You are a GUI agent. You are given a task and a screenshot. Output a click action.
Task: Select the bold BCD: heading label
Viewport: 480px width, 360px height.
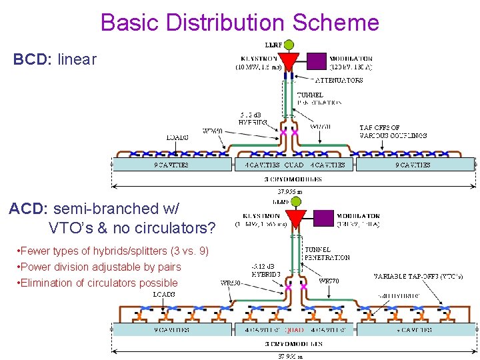[x=32, y=59]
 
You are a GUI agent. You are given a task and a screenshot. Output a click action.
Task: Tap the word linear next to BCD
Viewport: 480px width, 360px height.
[x=77, y=59]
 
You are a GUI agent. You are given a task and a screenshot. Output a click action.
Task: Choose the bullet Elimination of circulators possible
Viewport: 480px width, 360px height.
[x=100, y=283]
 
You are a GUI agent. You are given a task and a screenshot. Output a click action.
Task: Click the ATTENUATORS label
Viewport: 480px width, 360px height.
[x=338, y=80]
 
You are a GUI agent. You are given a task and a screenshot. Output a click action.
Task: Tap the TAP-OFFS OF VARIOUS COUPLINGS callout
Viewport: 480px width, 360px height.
[x=393, y=131]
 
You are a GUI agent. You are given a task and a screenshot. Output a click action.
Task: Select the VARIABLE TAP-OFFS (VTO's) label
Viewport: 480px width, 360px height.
[x=417, y=276]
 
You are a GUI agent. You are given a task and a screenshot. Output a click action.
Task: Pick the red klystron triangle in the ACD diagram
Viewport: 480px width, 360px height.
[x=295, y=218]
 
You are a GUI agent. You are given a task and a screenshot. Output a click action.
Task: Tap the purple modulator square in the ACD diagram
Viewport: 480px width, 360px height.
[x=323, y=218]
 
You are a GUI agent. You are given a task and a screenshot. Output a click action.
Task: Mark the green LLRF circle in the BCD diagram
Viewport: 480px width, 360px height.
[x=289, y=45]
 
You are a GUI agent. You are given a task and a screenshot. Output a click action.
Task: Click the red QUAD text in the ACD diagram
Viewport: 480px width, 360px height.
[x=294, y=330]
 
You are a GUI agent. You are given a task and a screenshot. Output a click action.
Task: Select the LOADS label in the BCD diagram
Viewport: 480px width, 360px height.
[x=177, y=138]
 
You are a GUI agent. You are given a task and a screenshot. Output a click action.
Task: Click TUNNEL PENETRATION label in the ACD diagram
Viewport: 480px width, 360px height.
[x=326, y=253]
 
